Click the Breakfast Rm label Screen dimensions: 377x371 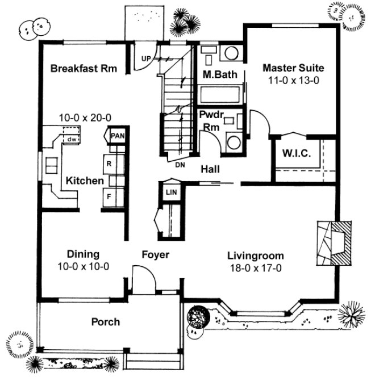tap(84, 69)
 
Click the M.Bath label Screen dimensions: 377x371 tap(216, 74)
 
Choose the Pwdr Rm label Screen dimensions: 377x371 tap(210, 120)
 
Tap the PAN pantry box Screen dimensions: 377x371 tap(118, 136)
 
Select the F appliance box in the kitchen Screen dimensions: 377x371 tap(109, 197)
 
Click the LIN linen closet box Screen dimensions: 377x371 tap(171, 192)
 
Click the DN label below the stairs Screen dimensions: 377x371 tap(180, 164)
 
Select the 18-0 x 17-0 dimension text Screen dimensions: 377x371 tap(255, 269)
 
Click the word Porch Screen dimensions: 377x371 tap(106, 322)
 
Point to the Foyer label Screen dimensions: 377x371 tap(155, 255)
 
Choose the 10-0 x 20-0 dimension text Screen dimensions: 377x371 tap(85, 118)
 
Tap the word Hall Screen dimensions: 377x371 tap(210, 169)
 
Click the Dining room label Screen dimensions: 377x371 tap(84, 254)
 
